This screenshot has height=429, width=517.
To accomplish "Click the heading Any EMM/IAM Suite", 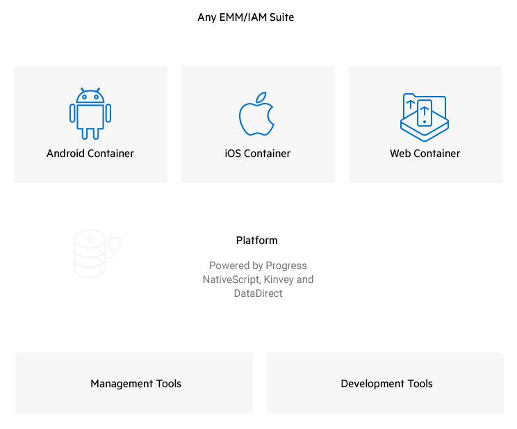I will click(x=245, y=17).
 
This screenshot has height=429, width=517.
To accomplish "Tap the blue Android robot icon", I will click(x=90, y=114).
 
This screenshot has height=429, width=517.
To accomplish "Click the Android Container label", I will click(x=90, y=154).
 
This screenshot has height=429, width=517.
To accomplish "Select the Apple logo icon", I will click(x=256, y=115).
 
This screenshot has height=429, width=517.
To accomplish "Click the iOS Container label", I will click(x=258, y=154).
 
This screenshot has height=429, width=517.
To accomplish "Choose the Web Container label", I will click(x=425, y=154).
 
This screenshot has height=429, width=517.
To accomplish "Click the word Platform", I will click(x=256, y=241).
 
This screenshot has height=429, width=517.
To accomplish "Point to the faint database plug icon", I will click(x=97, y=253).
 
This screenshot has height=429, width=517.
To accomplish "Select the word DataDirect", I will click(x=258, y=293).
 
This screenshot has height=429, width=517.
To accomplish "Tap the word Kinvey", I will click(x=279, y=280).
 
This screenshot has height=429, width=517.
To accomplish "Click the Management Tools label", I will click(x=136, y=384).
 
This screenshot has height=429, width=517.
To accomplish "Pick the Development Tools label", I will click(x=386, y=384).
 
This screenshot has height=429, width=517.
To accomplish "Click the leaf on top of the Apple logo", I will click(x=261, y=97).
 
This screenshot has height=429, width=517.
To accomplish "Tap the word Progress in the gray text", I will click(x=286, y=266).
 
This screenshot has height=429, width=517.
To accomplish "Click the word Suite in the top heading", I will click(x=281, y=17).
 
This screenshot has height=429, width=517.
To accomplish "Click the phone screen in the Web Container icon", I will click(x=424, y=112).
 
